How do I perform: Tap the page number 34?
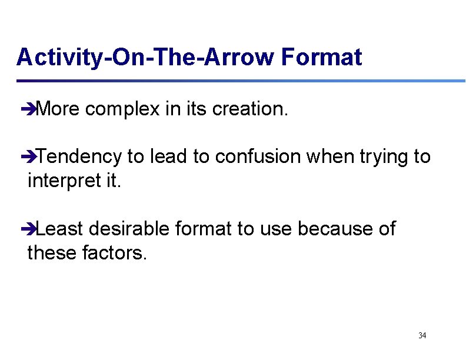[422, 335]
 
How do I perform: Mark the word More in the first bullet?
[58, 109]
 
